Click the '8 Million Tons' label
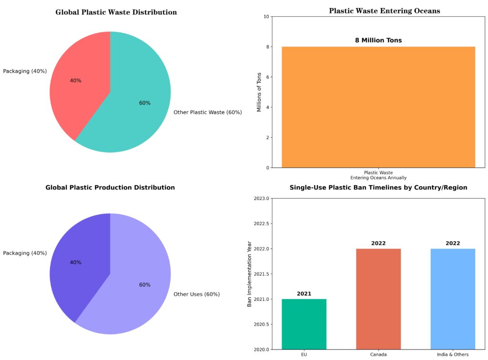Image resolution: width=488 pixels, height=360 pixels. (x=378, y=40)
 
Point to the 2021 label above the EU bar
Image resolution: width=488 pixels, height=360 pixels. (x=304, y=294)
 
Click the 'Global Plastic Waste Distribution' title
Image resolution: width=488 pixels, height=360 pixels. (x=116, y=12)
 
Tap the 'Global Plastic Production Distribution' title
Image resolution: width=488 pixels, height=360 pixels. (x=110, y=188)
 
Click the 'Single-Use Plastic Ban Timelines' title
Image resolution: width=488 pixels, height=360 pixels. (x=378, y=188)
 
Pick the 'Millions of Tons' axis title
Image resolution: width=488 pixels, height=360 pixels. (x=259, y=92)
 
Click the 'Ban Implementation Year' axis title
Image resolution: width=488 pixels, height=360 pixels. (x=249, y=274)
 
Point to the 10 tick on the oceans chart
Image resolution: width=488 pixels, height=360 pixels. (x=265, y=17)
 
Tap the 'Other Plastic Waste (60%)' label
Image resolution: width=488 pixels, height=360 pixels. (x=208, y=113)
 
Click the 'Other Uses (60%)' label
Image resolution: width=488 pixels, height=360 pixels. (x=196, y=294)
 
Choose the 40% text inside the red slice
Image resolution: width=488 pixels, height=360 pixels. (x=75, y=81)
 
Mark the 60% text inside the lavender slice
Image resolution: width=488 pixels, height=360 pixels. (x=144, y=285)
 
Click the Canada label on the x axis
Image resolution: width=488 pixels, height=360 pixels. (x=378, y=355)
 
